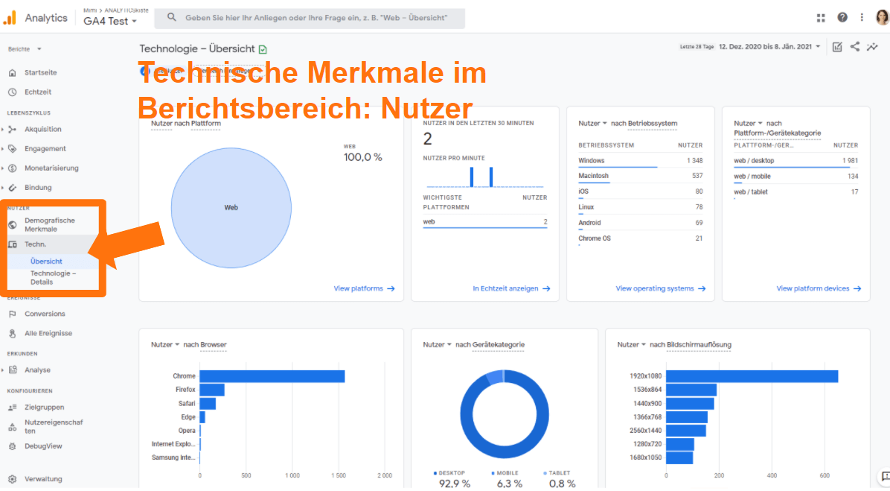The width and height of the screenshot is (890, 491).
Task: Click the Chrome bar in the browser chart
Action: pos(272,376)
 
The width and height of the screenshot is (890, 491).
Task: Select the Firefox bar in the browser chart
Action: pos(211,390)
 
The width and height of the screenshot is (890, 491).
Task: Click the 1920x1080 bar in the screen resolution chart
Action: pos(752,376)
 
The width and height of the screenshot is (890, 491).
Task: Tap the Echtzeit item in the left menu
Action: pos(38,92)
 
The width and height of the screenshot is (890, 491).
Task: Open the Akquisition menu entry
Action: pos(42,130)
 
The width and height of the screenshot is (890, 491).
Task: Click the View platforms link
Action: pos(364,288)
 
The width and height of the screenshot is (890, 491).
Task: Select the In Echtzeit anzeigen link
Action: pos(511,288)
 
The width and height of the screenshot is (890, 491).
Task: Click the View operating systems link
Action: pos(660,288)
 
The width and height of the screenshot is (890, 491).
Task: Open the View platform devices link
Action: pos(819,288)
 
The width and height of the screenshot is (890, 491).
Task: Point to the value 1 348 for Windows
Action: pos(694,161)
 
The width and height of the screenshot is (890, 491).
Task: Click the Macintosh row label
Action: pos(593,177)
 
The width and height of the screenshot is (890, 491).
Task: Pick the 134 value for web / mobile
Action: pos(852,177)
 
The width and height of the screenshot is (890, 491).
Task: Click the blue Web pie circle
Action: pos(231,207)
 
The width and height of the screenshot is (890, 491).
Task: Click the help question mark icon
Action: pos(842,18)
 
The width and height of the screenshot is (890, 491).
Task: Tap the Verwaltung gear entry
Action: pos(42,479)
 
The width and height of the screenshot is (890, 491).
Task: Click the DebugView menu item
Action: pos(42,446)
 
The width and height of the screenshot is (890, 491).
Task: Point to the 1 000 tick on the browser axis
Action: pos(292,475)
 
